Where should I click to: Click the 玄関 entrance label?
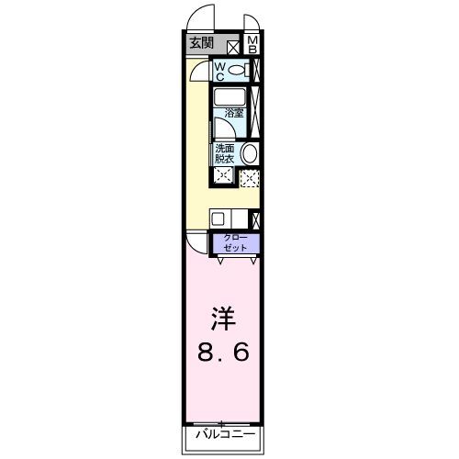pyautogui.click(x=201, y=43)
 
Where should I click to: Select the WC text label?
pyautogui.click(x=221, y=72)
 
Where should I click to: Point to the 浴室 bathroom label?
pyautogui.click(x=234, y=114)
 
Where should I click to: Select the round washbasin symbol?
pyautogui.click(x=250, y=153)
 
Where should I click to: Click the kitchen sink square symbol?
pyautogui.click(x=218, y=218)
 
